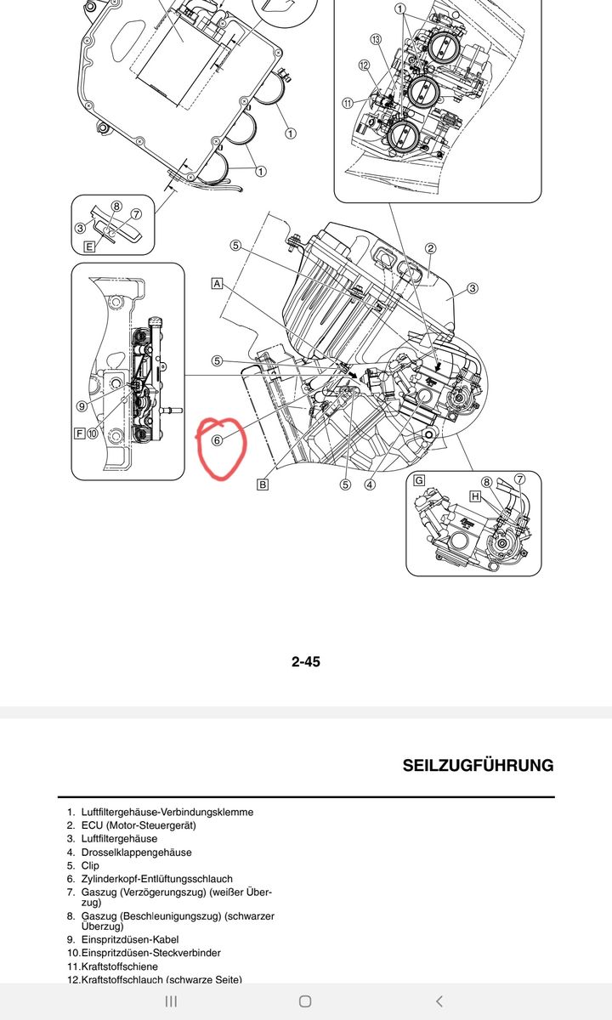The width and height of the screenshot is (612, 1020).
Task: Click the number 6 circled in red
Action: (218, 440)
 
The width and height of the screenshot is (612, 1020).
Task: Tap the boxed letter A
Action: (218, 283)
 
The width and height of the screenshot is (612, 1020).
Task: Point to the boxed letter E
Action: (89, 246)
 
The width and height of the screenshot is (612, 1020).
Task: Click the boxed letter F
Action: (80, 433)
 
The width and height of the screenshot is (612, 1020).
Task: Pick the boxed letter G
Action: (418, 480)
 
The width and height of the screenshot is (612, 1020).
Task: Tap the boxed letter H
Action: (475, 496)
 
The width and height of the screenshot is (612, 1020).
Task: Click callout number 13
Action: (376, 40)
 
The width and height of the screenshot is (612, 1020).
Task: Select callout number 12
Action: (364, 65)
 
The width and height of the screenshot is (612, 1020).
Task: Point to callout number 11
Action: (348, 104)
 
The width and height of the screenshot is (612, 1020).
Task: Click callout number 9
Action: (82, 406)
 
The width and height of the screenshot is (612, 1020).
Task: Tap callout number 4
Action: (370, 485)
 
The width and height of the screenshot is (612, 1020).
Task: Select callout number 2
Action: (430, 248)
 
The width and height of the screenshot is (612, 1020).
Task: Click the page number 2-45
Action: (306, 661)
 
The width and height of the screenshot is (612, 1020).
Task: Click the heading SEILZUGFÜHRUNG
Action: (478, 765)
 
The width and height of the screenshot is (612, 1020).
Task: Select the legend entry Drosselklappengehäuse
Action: (136, 852)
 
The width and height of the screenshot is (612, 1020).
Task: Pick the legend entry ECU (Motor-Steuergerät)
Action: (139, 825)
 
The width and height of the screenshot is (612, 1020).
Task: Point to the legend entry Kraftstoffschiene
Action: (119, 966)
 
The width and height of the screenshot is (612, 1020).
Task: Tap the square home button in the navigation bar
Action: (305, 1001)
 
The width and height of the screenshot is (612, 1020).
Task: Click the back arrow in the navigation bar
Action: (439, 1001)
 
